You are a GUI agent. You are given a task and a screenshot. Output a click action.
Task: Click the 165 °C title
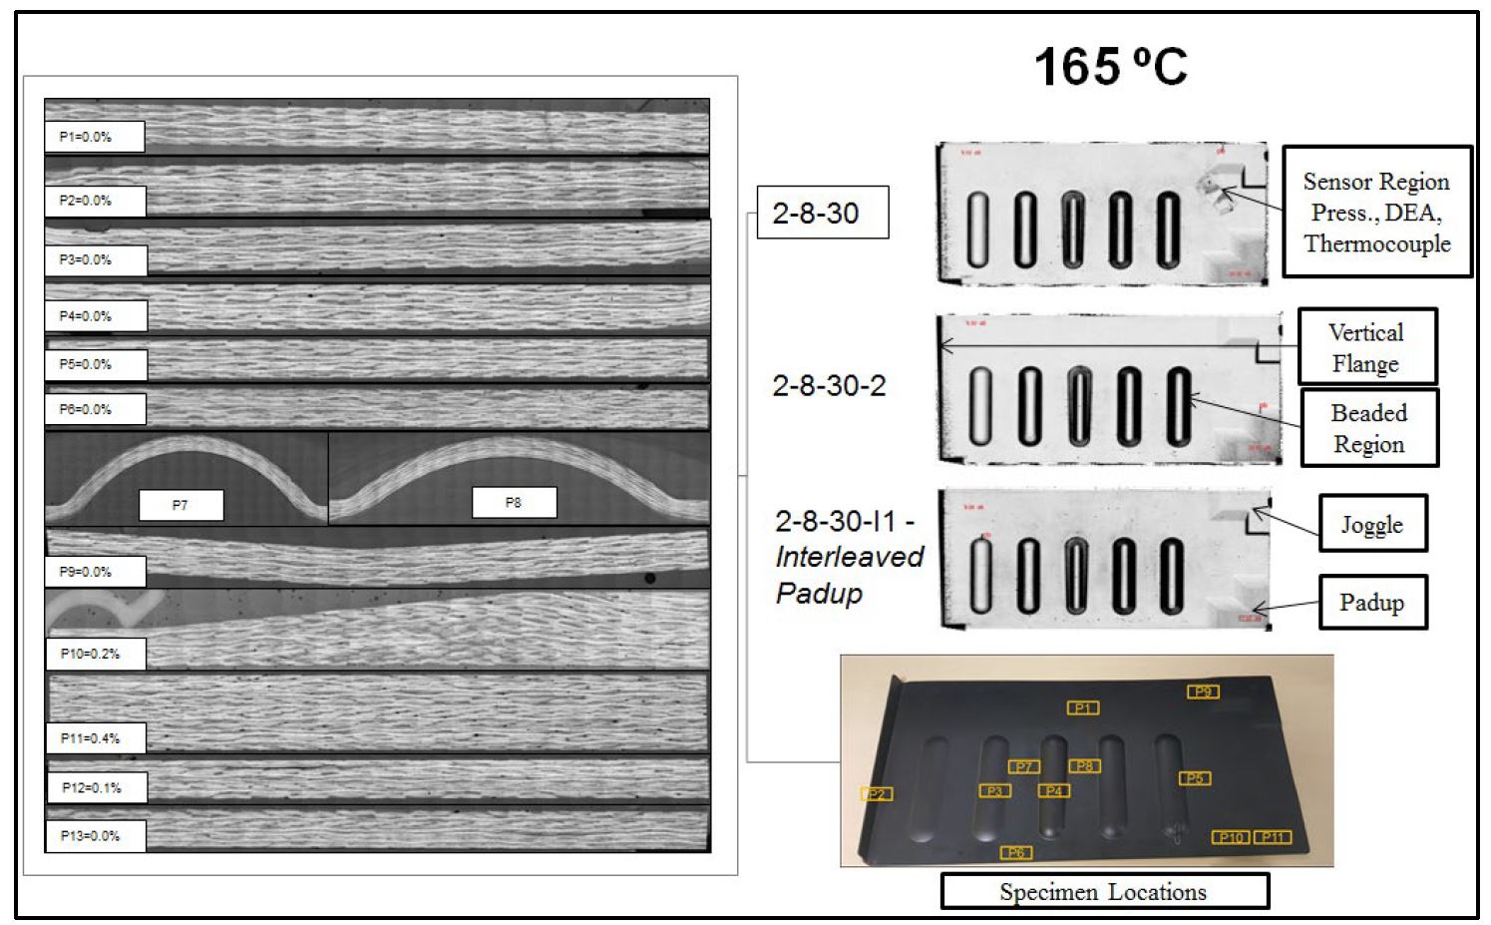1110,68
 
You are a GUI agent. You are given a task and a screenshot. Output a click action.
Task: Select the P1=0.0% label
94,137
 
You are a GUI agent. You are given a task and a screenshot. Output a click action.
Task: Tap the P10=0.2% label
95,654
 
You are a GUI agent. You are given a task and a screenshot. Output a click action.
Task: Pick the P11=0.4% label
95,738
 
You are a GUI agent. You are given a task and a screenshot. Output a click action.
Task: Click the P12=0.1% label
96,787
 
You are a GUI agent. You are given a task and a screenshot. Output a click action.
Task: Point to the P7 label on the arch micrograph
181,505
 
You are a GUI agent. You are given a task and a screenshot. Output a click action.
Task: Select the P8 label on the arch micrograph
514,503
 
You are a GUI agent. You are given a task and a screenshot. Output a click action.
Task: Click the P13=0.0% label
95,835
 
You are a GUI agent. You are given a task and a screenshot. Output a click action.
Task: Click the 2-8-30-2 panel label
829,386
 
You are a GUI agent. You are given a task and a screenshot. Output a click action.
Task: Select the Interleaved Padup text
849,575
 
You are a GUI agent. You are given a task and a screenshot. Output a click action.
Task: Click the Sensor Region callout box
1376,212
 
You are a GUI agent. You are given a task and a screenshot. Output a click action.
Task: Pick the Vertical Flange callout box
1366,347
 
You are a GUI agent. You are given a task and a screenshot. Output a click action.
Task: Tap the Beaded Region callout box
1368,428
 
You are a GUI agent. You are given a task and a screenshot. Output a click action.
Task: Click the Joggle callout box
1372,524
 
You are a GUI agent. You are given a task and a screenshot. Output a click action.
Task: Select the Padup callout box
1372,602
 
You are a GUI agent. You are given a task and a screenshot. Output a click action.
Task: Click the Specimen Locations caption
1104,891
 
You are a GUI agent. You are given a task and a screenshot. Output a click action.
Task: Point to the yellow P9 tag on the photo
1203,692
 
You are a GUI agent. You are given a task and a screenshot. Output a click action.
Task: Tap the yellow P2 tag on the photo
877,794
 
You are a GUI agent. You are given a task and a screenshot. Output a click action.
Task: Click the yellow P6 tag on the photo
1016,852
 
